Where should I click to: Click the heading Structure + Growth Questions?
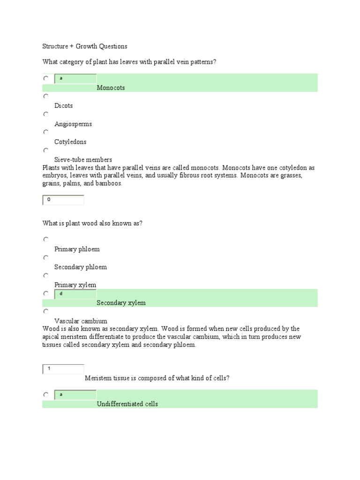point(85,46)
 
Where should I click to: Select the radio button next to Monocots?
point(46,78)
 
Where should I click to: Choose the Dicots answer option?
point(64,106)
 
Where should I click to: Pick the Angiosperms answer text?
point(73,124)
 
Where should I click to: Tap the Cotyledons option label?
point(70,142)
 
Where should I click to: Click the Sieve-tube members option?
point(83,160)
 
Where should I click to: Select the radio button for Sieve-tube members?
point(46,150)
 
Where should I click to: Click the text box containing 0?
point(63,200)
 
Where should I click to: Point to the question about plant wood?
point(92,223)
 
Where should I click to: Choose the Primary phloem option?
point(77,249)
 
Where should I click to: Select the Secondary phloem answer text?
point(81,267)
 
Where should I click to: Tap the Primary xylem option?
point(75,285)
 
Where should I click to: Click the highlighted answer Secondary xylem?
point(121,303)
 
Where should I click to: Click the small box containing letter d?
point(75,294)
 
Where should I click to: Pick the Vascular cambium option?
point(81,321)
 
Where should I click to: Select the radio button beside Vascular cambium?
point(46,311)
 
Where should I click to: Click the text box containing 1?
point(63,369)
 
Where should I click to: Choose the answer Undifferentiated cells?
point(127,404)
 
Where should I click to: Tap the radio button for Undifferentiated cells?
point(46,395)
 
